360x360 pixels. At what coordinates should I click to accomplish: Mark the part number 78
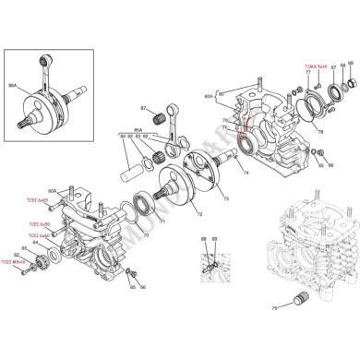(320, 132)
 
